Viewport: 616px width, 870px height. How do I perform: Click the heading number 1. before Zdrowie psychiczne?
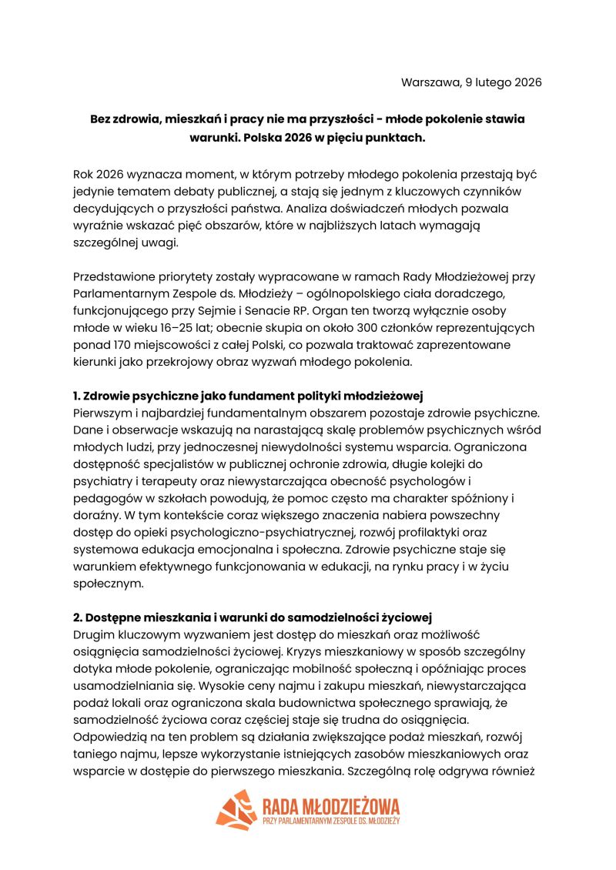(x=78, y=397)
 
